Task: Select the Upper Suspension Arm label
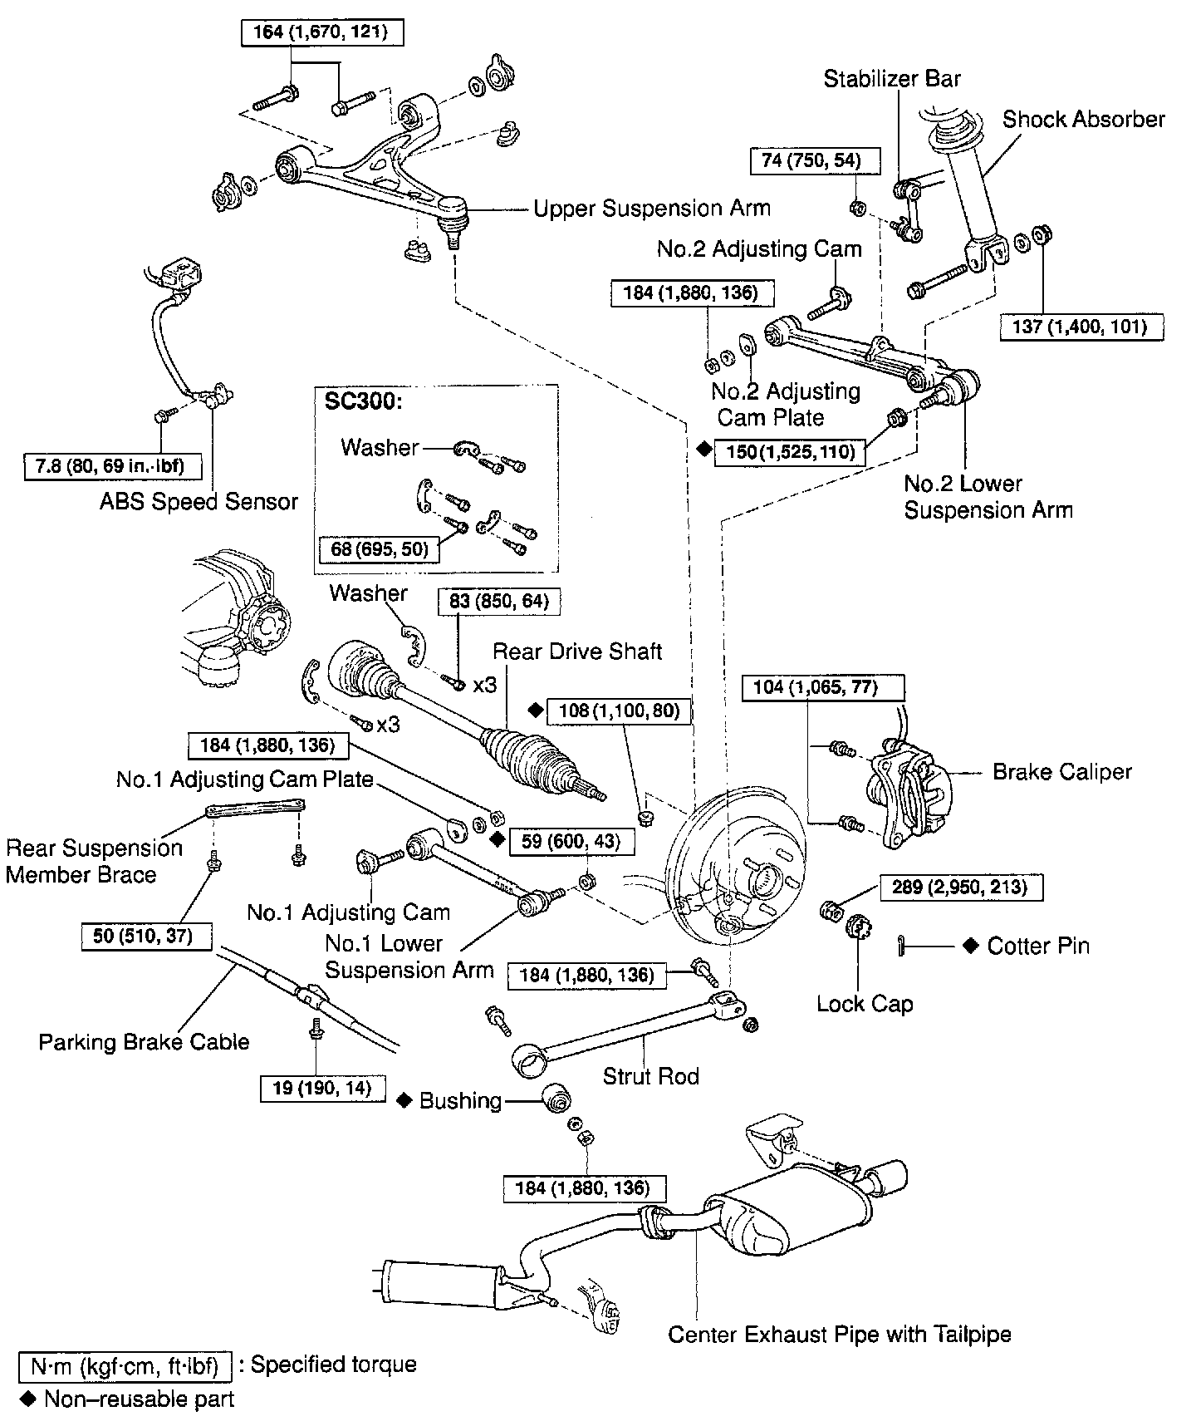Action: click(x=652, y=208)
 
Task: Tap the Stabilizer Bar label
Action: click(x=892, y=79)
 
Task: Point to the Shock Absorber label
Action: click(x=1084, y=120)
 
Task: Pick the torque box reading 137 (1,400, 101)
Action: click(x=1080, y=327)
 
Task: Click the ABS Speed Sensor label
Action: click(x=199, y=502)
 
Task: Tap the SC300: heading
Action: click(x=364, y=402)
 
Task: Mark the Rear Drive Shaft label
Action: click(x=577, y=652)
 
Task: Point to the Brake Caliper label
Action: click(x=1062, y=772)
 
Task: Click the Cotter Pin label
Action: click(x=1038, y=946)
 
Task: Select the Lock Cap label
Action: click(x=865, y=1004)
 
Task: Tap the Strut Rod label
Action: click(x=650, y=1076)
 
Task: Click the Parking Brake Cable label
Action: click(x=144, y=1042)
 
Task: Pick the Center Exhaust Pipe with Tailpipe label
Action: click(x=840, y=1335)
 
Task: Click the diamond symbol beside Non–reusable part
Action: click(x=29, y=1399)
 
